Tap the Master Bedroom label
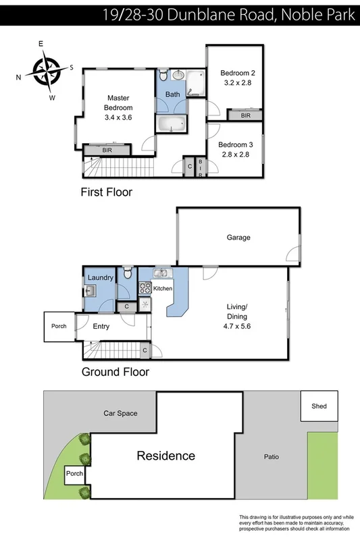coord(118,108)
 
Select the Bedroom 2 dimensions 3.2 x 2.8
coord(236,83)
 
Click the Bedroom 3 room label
coord(236,144)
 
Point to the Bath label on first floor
coord(173,94)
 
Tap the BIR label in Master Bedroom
coord(107,150)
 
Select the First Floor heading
coord(106,192)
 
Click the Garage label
coord(238,238)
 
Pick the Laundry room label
coord(100,277)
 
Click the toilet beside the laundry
coord(126,275)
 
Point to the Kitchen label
coord(163,289)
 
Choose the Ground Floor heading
coord(115,372)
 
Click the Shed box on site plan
coord(319,406)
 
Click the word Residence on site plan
coord(166,456)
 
